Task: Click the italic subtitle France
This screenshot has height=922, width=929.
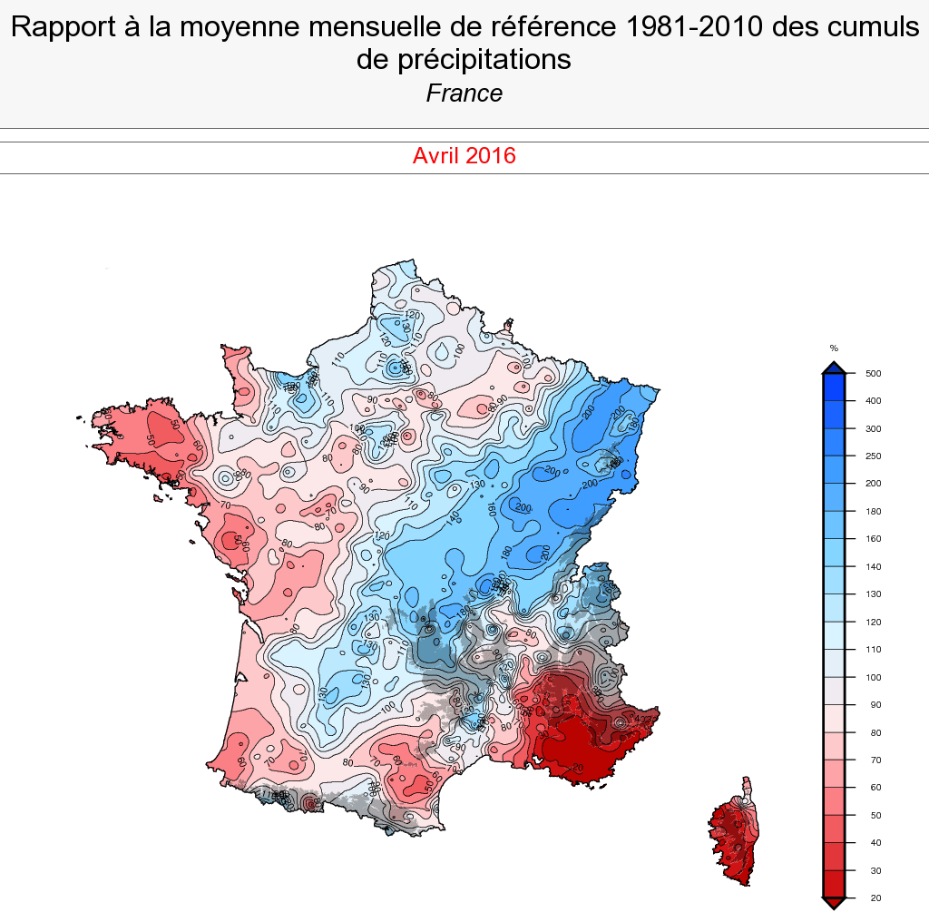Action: (x=464, y=93)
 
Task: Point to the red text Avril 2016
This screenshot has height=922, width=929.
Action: (x=464, y=155)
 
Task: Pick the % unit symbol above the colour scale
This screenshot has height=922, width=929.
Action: (x=834, y=348)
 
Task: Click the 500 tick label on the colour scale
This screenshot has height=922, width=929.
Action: (x=874, y=373)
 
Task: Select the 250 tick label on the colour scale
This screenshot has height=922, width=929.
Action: (x=874, y=456)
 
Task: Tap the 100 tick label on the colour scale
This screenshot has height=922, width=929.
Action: (x=874, y=677)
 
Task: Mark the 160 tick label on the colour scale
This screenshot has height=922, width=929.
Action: (x=874, y=539)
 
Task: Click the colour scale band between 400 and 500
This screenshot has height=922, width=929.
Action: (x=834, y=387)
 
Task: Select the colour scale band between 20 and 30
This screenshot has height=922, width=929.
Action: (x=834, y=884)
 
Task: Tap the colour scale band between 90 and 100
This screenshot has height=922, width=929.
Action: (x=834, y=691)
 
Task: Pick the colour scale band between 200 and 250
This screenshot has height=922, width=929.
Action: (x=834, y=469)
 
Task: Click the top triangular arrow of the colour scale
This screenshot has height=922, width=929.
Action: (x=834, y=367)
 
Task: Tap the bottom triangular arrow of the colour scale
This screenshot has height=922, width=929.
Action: (x=834, y=902)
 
